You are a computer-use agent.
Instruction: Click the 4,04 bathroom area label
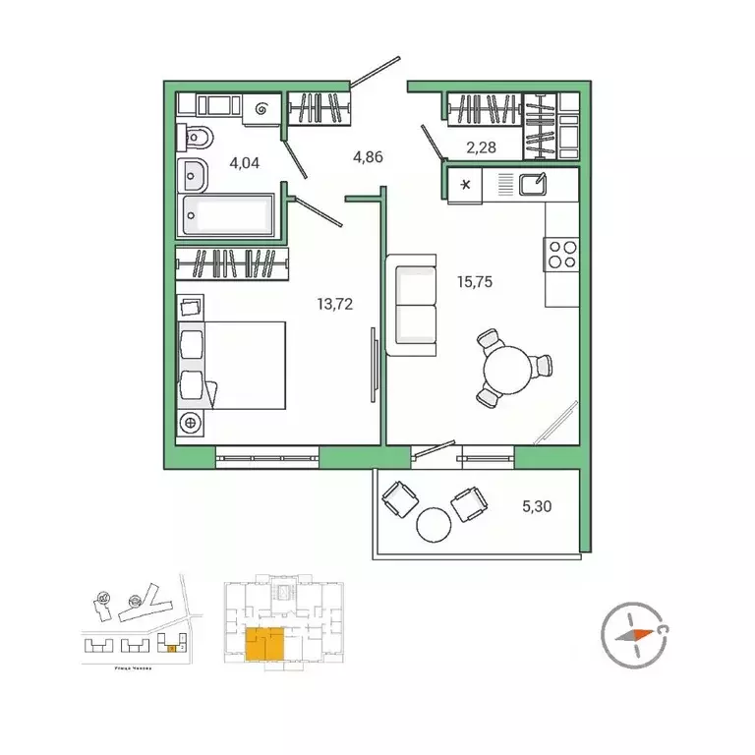244,163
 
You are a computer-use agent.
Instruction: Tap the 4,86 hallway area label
369,155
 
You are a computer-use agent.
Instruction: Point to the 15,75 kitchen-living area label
474,281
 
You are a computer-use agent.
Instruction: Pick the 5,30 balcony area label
537,507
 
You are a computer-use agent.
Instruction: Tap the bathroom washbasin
194,177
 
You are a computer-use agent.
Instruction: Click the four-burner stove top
561,254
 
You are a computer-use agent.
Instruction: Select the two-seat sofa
412,305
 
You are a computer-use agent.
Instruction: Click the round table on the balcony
433,524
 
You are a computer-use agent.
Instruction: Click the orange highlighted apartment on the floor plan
264,645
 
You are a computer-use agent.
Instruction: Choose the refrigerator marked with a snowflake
465,185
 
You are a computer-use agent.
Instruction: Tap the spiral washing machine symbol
262,111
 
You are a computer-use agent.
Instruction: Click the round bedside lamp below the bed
191,422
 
